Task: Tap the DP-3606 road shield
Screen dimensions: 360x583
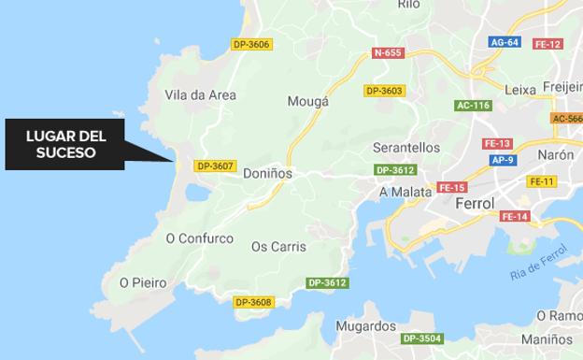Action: pyautogui.click(x=251, y=44)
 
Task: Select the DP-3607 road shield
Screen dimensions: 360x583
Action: pyautogui.click(x=214, y=166)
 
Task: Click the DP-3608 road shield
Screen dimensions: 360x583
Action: pyautogui.click(x=252, y=302)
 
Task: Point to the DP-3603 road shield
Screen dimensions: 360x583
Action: pyautogui.click(x=384, y=91)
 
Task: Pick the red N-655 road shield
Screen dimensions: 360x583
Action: pyautogui.click(x=387, y=52)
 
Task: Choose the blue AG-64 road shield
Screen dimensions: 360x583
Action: pyautogui.click(x=504, y=42)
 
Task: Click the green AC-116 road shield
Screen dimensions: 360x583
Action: pyautogui.click(x=473, y=106)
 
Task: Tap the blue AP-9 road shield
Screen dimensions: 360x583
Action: pyautogui.click(x=503, y=160)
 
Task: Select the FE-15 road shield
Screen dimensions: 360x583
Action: pyautogui.click(x=451, y=187)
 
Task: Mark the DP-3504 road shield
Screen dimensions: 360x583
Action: pyautogui.click(x=421, y=338)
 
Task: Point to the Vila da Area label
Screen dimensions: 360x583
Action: pyautogui.click(x=200, y=94)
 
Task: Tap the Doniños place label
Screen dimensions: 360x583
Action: pyautogui.click(x=267, y=173)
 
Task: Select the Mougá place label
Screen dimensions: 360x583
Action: pyautogui.click(x=308, y=101)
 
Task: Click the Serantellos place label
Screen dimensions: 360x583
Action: pyautogui.click(x=405, y=148)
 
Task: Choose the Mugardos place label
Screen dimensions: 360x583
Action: pyautogui.click(x=365, y=326)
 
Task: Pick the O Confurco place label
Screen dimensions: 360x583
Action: pyautogui.click(x=199, y=238)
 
